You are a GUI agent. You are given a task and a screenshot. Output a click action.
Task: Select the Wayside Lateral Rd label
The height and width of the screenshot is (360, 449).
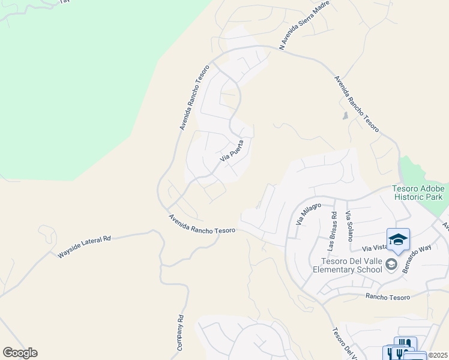tap(85, 247)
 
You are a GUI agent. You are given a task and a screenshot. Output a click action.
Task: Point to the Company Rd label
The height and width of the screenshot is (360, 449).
tap(179, 334)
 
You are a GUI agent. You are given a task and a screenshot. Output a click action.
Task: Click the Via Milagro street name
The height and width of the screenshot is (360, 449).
tap(305, 214)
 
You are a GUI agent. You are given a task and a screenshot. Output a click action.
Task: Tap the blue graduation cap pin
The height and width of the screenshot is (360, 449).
tap(398, 239)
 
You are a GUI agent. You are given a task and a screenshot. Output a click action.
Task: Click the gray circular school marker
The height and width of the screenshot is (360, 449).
tap(391, 264)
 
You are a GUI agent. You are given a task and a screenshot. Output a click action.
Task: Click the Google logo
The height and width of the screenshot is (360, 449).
tap(20, 353)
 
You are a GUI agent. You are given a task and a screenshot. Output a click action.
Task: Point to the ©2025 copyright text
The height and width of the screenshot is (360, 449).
tap(437, 355)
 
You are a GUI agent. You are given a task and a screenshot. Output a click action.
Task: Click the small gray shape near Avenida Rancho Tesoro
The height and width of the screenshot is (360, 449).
tap(345, 116)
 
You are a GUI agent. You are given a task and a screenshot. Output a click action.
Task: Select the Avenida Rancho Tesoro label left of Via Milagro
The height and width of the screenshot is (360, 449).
tap(202, 224)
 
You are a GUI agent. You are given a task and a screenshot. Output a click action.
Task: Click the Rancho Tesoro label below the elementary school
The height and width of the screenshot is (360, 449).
tap(387, 296)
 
